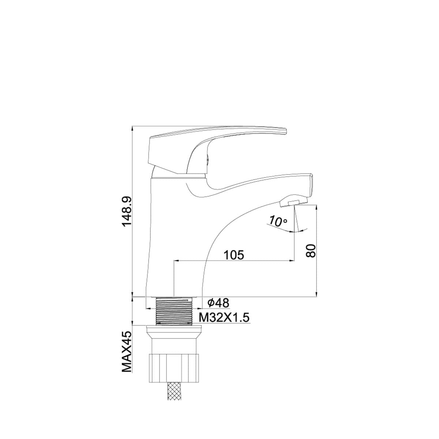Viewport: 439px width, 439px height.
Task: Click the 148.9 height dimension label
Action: [127, 211]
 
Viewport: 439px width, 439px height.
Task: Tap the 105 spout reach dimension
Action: [234, 255]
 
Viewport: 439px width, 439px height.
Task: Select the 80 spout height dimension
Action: [310, 251]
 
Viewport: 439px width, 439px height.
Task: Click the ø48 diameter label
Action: [218, 303]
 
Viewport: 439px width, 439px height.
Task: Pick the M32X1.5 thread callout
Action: [224, 318]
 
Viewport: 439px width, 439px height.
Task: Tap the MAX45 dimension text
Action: [127, 352]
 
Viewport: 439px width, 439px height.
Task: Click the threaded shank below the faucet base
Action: [174, 311]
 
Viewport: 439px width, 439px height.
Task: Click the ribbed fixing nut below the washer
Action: [174, 368]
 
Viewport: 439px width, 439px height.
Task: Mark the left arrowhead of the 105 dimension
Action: [175, 261]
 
